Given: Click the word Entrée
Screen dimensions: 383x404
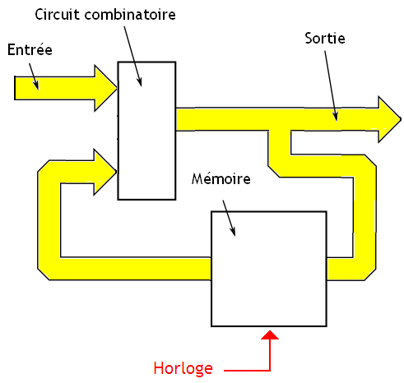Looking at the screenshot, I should tap(30, 50).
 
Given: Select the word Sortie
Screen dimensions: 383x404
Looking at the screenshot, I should tap(325, 39).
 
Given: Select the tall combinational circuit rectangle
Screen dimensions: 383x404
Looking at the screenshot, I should tap(146, 132).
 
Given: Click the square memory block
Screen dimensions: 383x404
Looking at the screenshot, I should tap(269, 268).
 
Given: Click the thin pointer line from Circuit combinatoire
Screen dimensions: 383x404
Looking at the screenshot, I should tap(133, 53).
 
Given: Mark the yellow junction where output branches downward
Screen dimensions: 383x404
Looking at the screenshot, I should tap(280, 120).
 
